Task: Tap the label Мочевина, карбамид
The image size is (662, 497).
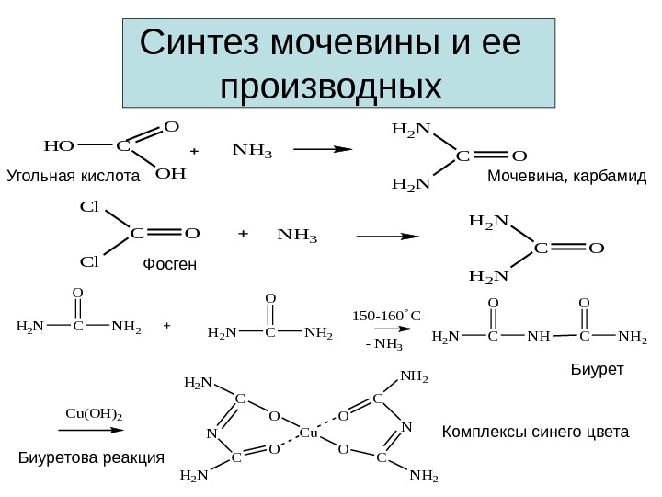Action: pyautogui.click(x=567, y=175)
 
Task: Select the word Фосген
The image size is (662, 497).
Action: pyautogui.click(x=171, y=265)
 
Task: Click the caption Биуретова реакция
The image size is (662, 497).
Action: pyautogui.click(x=91, y=457)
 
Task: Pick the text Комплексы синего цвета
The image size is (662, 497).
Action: pyautogui.click(x=536, y=431)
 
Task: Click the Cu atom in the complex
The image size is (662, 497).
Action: pyautogui.click(x=309, y=433)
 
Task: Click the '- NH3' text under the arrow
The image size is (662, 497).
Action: pyautogui.click(x=384, y=346)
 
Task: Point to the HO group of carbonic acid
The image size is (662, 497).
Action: pyautogui.click(x=59, y=145)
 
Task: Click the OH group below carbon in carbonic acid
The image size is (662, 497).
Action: pyautogui.click(x=171, y=172)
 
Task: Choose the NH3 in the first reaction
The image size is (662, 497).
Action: pyautogui.click(x=253, y=147)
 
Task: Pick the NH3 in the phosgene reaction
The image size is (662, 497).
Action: pyautogui.click(x=296, y=237)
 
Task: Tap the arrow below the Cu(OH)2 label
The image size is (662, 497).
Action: pyautogui.click(x=94, y=429)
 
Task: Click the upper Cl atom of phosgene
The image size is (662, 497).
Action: pyautogui.click(x=89, y=207)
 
